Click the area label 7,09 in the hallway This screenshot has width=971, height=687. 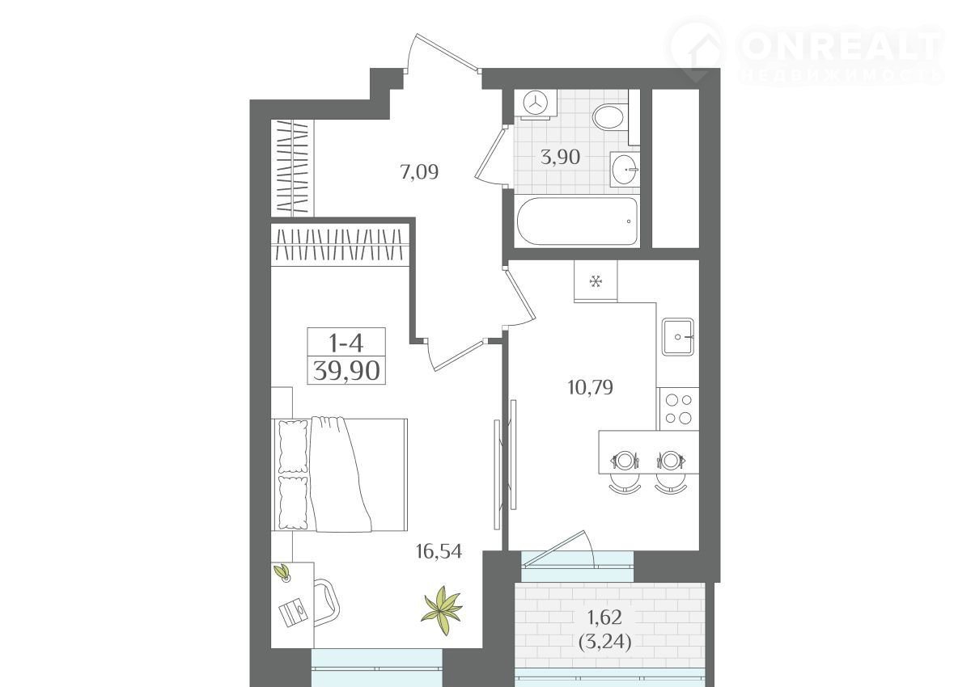[419, 172]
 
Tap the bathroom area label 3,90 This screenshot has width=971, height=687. [560, 157]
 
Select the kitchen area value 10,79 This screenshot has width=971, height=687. [590, 387]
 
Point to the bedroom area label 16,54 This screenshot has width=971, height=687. [439, 551]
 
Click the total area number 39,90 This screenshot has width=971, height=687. [346, 371]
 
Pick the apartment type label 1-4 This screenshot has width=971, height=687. [346, 343]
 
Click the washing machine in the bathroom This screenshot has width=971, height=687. [536, 104]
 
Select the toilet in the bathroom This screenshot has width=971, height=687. [610, 116]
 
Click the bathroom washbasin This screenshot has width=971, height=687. [625, 169]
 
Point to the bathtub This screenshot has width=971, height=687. [578, 221]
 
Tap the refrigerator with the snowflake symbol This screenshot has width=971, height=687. [596, 280]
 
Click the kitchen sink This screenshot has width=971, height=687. [677, 337]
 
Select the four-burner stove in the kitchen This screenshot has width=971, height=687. [679, 409]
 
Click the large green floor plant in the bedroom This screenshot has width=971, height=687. [443, 610]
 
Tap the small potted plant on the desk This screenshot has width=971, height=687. [282, 572]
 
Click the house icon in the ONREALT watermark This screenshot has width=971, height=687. [697, 51]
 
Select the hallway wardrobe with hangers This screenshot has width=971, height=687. [292, 167]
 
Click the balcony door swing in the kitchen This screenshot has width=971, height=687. [559, 549]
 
